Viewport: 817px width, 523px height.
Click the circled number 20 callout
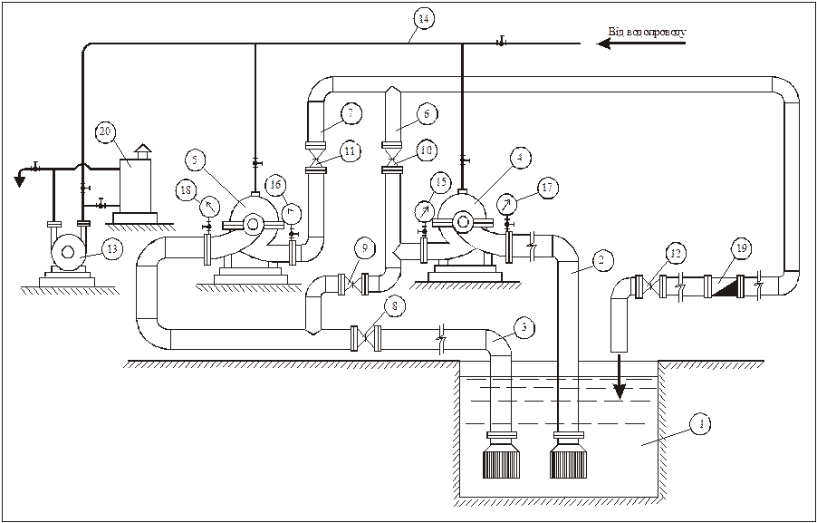coord(106,132)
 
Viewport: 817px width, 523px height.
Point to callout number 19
coord(742,247)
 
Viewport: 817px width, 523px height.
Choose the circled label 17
coord(546,188)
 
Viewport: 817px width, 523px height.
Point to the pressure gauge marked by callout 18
coord(209,206)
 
